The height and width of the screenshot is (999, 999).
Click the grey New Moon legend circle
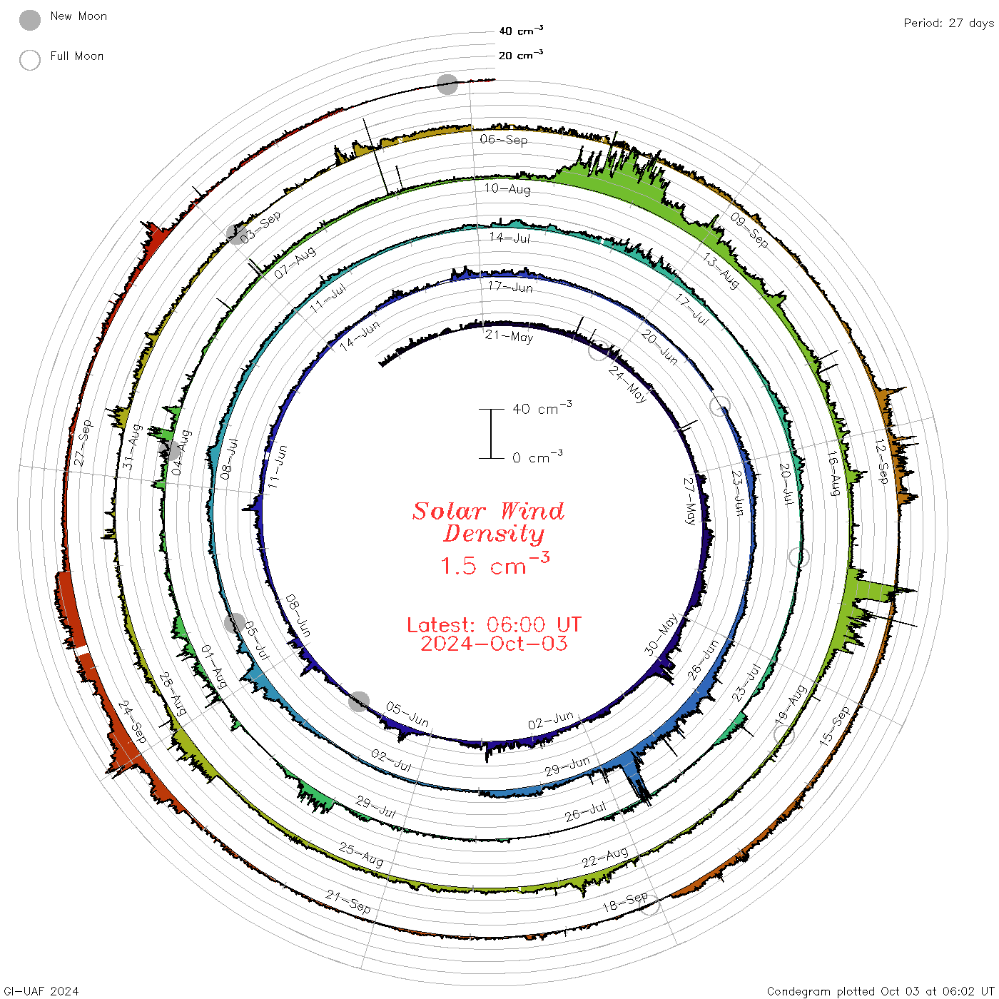click(29, 20)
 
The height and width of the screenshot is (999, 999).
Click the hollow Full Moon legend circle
click(29, 60)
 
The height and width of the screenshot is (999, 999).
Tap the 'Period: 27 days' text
click(948, 24)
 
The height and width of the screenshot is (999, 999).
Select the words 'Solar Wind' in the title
click(488, 511)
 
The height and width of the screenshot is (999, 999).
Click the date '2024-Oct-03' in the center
click(494, 644)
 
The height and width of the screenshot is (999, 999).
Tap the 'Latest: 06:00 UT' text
click(494, 624)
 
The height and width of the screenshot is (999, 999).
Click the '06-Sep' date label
click(503, 139)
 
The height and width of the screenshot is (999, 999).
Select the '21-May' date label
click(509, 336)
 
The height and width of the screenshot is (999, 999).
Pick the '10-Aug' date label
click(507, 188)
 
